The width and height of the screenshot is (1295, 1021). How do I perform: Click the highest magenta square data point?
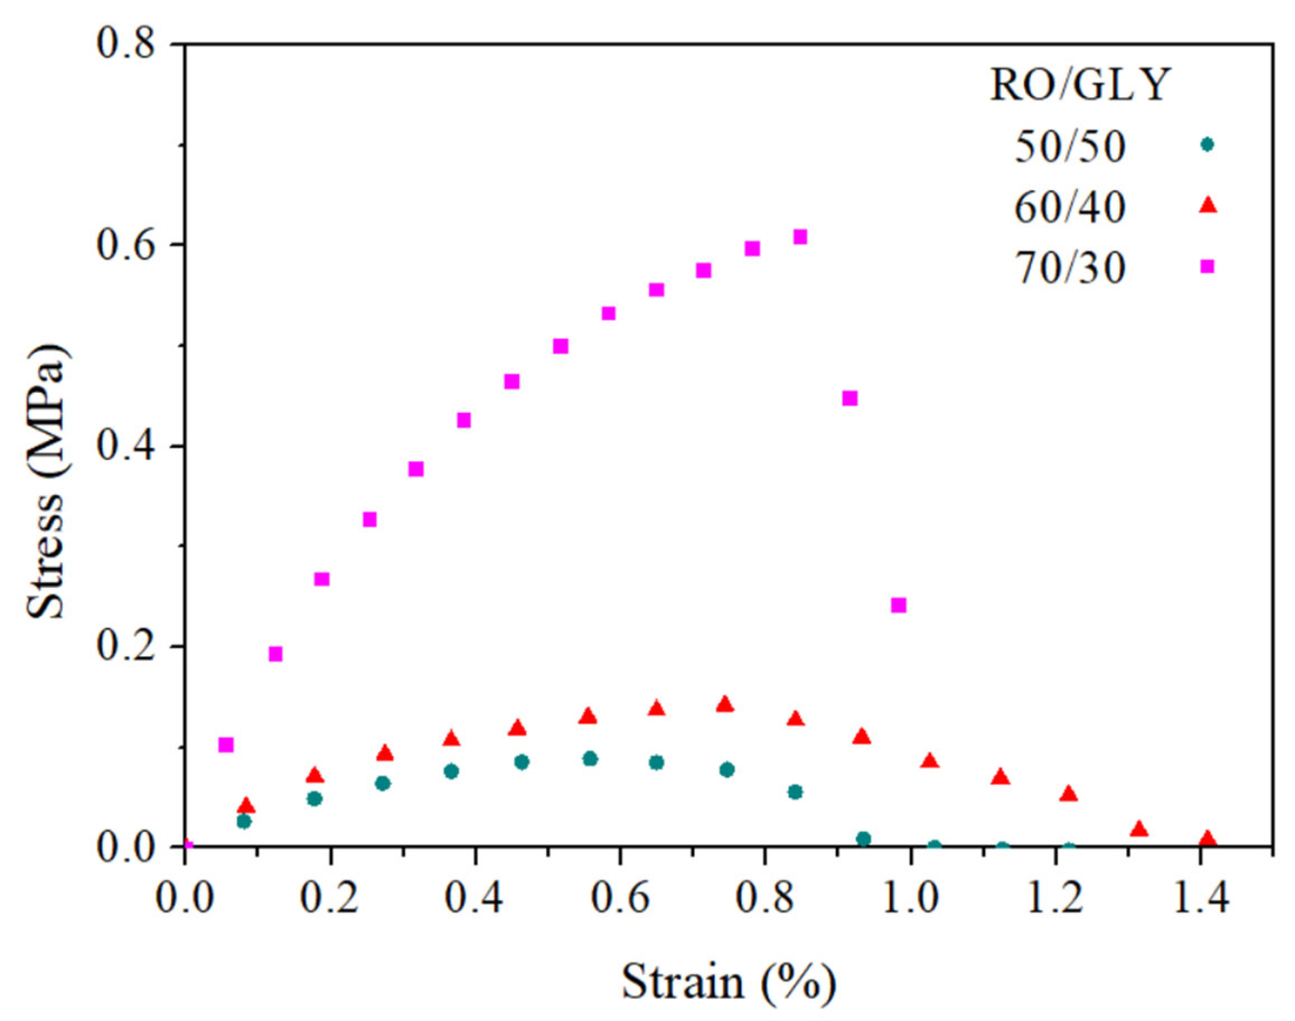tap(800, 237)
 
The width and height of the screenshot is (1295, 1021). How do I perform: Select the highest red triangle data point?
tap(725, 704)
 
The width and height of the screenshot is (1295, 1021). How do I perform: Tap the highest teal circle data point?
tap(590, 759)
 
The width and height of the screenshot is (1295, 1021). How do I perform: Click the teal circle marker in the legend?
tap(1208, 144)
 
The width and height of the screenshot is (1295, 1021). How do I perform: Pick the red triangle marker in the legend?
tap(1208, 205)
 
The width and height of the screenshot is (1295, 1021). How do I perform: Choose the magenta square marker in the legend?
tap(1208, 266)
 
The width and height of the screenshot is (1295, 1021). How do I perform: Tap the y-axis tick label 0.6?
tap(128, 245)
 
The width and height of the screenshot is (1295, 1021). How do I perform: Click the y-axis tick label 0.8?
tap(128, 44)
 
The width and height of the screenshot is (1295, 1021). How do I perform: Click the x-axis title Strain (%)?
tap(729, 982)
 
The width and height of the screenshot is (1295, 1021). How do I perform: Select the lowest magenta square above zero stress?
tap(226, 745)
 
